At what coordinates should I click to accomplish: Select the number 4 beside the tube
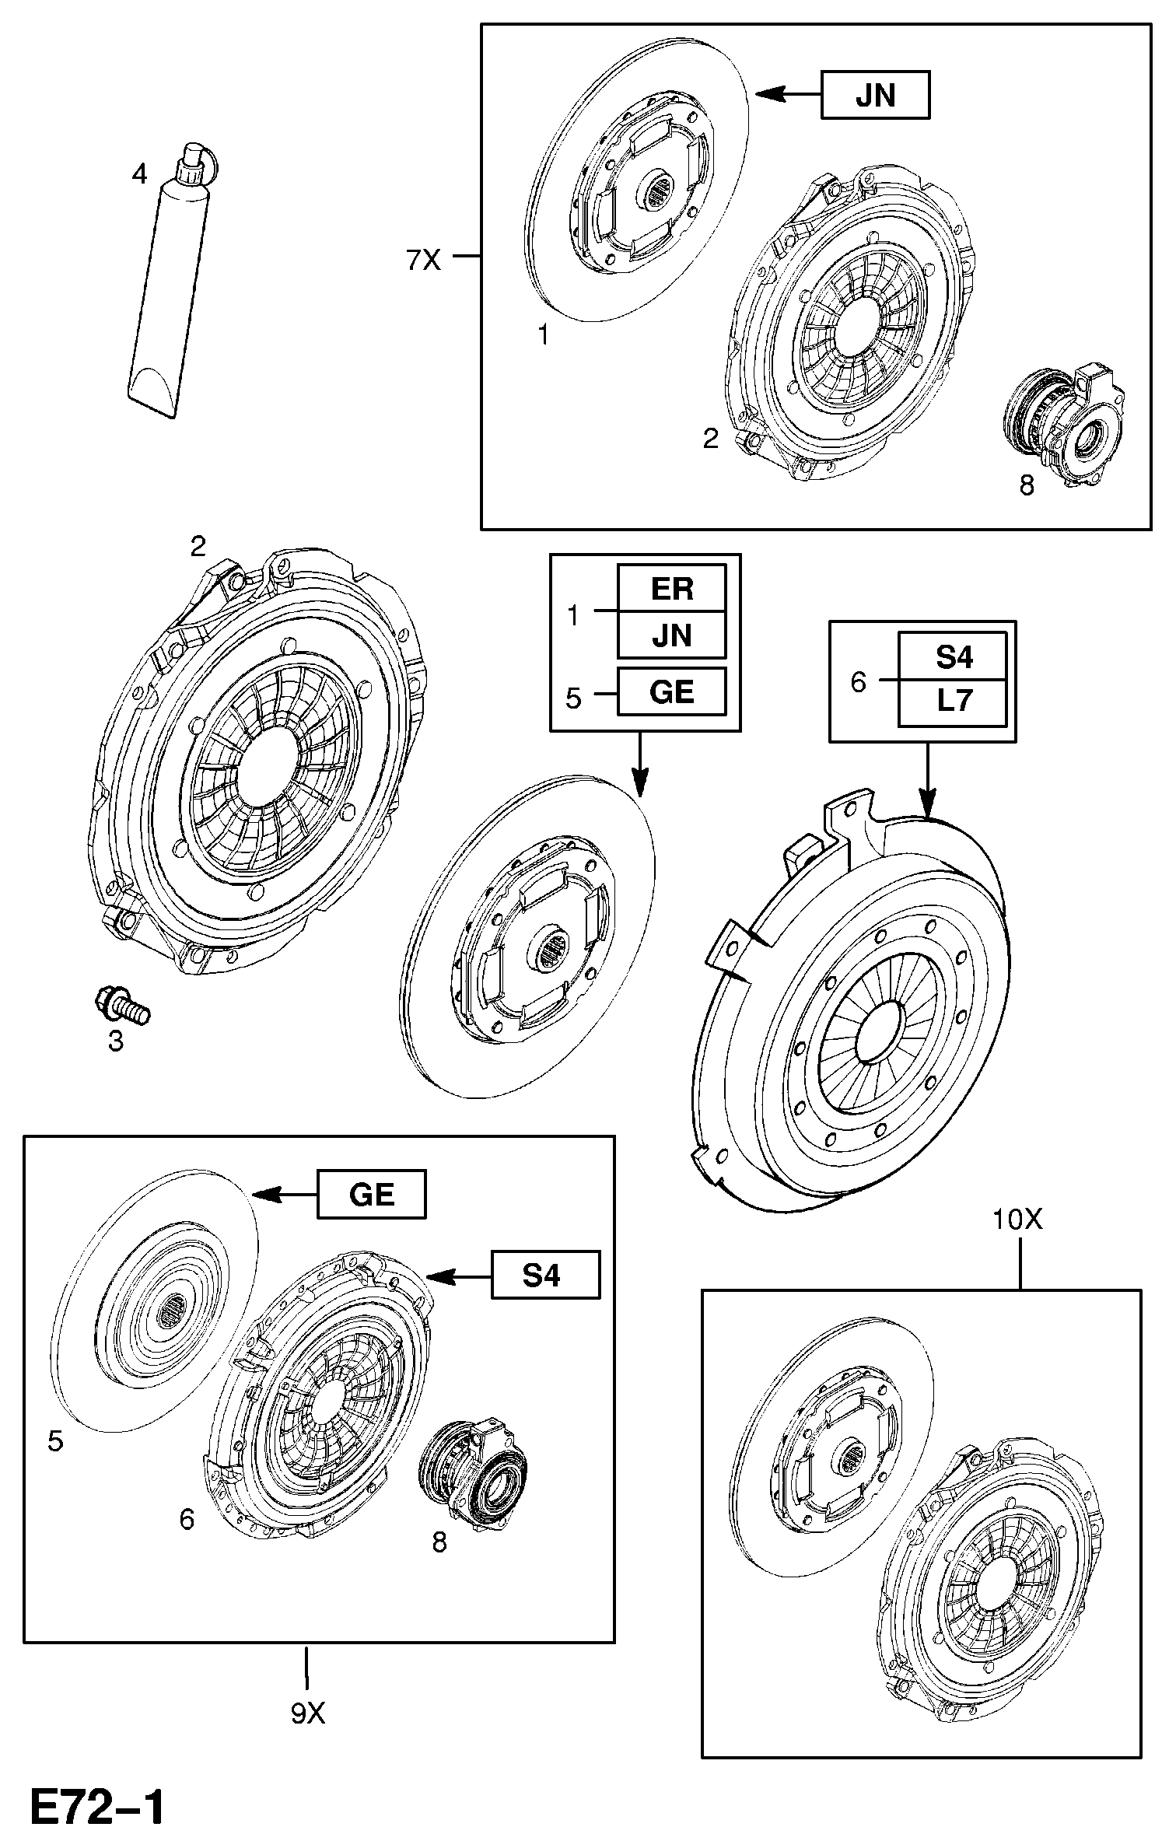coord(139,173)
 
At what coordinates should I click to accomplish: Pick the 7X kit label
coord(423,260)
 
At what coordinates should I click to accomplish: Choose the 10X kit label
coord(1017,1219)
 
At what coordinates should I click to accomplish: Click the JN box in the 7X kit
coord(875,95)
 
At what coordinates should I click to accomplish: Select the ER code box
coord(671,588)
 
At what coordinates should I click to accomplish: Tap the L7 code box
coord(953,701)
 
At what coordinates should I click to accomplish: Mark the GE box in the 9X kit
coord(371,1195)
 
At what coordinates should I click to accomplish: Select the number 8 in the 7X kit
coord(1027,486)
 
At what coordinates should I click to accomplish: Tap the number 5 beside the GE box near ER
coord(573,698)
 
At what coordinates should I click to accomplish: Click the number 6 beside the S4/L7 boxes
coord(858,681)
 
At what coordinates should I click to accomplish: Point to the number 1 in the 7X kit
coord(544,335)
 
